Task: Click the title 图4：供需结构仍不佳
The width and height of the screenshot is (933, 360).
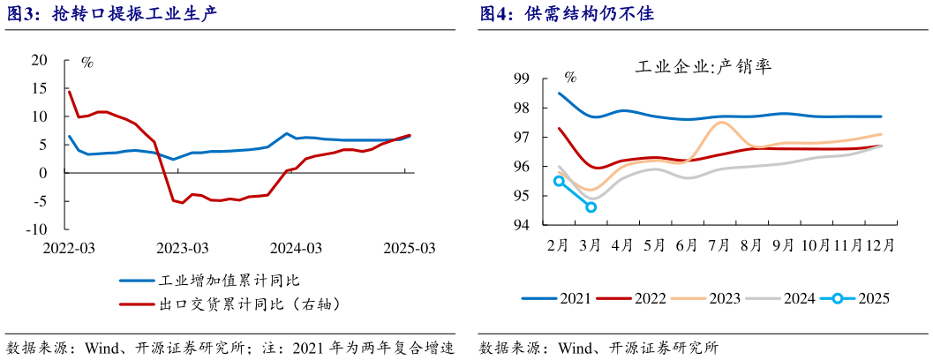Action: click(566, 15)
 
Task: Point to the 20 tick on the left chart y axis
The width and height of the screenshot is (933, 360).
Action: click(38, 60)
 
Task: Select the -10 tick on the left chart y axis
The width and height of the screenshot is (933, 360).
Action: click(35, 229)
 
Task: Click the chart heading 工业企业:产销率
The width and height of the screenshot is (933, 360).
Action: click(704, 66)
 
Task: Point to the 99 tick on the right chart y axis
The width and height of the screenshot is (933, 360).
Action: click(521, 79)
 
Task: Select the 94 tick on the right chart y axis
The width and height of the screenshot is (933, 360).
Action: click(521, 225)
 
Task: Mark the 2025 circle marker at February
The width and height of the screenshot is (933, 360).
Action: click(559, 181)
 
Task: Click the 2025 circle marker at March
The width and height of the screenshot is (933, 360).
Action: click(591, 207)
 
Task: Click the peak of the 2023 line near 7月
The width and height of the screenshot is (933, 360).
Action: click(721, 123)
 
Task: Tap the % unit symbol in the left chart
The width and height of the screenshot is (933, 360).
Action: click(87, 62)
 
